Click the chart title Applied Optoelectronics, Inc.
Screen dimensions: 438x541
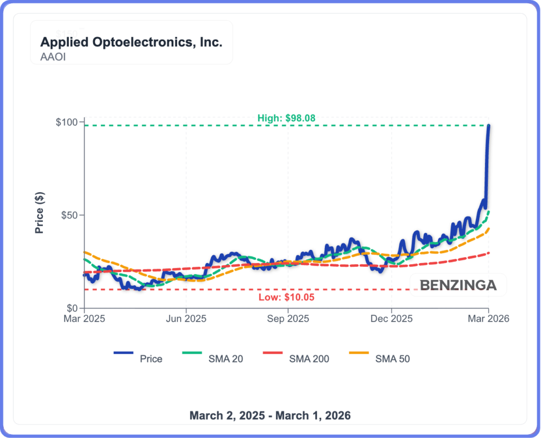tap(131, 42)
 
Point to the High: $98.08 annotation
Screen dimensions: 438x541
tap(286, 118)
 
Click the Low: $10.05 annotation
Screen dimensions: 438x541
tap(286, 297)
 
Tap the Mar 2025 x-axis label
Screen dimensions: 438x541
tap(85, 319)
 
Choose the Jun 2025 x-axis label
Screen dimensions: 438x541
tap(186, 319)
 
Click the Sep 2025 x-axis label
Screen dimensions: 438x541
tap(288, 319)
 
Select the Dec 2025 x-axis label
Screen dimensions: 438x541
tap(391, 319)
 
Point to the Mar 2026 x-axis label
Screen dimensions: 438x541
tap(489, 319)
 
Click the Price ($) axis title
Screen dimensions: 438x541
tap(40, 213)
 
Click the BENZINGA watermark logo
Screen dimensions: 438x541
tap(458, 285)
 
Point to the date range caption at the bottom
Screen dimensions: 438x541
tap(270, 415)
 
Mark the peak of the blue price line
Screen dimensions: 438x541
tap(489, 126)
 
